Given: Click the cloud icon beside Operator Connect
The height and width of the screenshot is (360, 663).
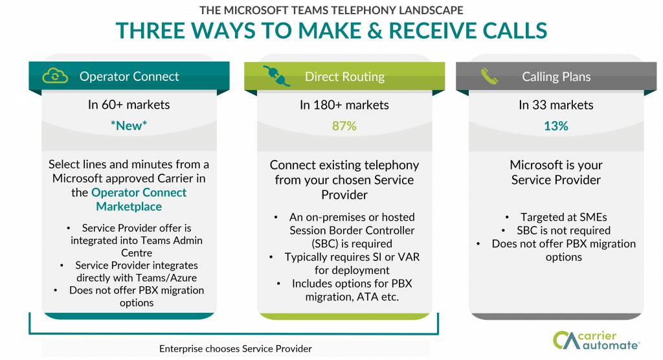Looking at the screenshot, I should point(55,76).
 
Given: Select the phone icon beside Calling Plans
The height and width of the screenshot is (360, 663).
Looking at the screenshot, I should point(489,76).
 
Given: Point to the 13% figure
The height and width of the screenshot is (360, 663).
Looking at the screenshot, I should point(556,126).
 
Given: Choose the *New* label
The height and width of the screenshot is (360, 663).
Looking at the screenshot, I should point(128,126).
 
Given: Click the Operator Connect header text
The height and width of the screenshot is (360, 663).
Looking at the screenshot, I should point(129,76).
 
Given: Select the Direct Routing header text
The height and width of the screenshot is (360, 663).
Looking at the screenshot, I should point(344,76).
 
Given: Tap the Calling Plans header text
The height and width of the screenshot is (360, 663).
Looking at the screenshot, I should point(556,76).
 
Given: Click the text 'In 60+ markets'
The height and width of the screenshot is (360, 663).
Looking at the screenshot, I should point(128,105).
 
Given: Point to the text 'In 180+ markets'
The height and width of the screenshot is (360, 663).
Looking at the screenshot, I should point(344,105).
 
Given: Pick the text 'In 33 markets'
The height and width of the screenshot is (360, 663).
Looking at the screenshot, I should point(556,105).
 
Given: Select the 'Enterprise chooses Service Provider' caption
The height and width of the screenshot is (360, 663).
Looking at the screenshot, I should point(236,348).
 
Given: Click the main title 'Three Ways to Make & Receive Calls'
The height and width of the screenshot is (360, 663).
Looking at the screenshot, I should point(331,30).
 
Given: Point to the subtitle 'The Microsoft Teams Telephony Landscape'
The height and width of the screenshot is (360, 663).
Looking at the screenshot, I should point(331,10).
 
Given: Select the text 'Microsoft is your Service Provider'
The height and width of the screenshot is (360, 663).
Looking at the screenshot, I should point(556,172).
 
